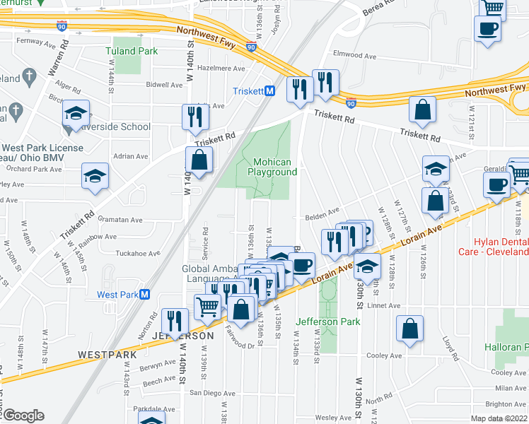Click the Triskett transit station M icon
pyautogui.click(x=269, y=91)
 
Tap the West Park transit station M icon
pyautogui.click(x=145, y=295)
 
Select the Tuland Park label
pyautogui.click(x=131, y=51)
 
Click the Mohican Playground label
pyautogui.click(x=272, y=166)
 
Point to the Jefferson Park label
pyautogui.click(x=327, y=322)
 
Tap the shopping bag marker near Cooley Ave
pyautogui.click(x=409, y=329)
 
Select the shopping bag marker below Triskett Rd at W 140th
pyautogui.click(x=199, y=160)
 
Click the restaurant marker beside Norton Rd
pyautogui.click(x=174, y=322)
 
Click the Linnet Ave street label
pyautogui.click(x=385, y=306)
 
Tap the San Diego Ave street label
pyautogui.click(x=205, y=392)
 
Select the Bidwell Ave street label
pyautogui.click(x=164, y=85)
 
